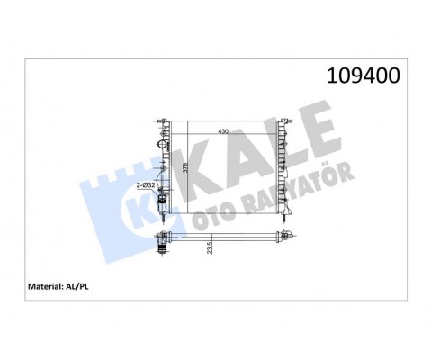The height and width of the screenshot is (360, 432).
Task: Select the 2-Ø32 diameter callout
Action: [x=146, y=186]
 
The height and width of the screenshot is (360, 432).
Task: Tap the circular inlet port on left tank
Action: [x=162, y=145]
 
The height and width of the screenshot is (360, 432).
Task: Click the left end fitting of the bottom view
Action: [x=164, y=238]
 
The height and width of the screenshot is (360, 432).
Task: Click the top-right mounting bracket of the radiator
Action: [x=284, y=120]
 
